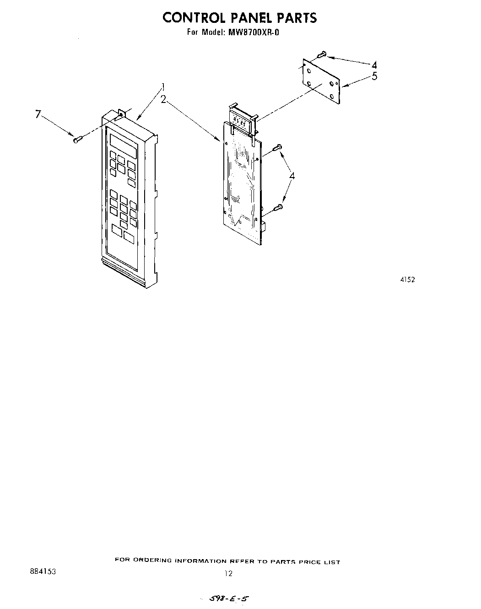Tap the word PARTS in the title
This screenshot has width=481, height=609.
coord(296,18)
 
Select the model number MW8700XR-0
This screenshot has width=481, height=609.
coord(250,33)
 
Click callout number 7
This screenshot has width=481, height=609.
coord(38,114)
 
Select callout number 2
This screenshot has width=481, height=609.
coord(163,99)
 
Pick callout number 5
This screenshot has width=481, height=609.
coord(374,76)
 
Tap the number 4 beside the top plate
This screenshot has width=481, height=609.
coord(374,65)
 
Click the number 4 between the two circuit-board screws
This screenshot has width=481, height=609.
coord(292,176)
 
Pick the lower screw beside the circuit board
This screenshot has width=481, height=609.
coord(277,208)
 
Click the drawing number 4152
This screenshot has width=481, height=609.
coord(407,280)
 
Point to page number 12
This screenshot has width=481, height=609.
coord(229,573)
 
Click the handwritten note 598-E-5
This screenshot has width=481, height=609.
coord(229,598)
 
